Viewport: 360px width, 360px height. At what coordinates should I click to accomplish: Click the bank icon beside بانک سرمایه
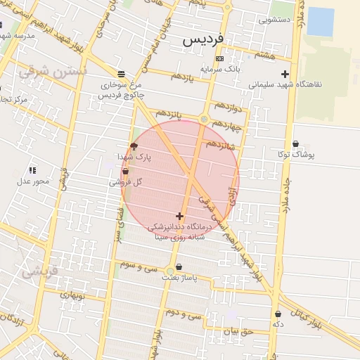click(x=219, y=58)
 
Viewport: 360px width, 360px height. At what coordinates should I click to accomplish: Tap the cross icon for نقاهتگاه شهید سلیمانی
click(x=285, y=74)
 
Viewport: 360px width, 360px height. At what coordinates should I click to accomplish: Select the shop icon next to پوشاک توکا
click(x=295, y=144)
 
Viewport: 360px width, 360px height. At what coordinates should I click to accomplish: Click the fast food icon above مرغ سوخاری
click(x=122, y=74)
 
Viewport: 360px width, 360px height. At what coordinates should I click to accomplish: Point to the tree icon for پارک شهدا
click(x=134, y=146)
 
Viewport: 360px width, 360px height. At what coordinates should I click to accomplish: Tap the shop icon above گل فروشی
click(x=126, y=171)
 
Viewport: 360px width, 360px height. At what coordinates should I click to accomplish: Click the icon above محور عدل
click(x=32, y=170)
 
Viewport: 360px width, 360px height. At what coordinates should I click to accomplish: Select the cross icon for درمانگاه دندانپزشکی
click(x=180, y=217)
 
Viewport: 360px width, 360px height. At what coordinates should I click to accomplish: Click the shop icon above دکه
click(x=278, y=314)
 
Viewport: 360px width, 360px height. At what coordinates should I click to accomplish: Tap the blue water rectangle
click(x=320, y=21)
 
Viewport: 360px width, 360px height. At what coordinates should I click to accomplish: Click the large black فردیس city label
click(x=202, y=40)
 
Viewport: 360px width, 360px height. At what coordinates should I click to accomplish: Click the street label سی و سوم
click(x=137, y=266)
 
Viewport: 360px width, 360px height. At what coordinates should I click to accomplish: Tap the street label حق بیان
click(x=238, y=330)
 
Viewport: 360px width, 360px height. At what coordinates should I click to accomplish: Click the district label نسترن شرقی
click(x=53, y=72)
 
